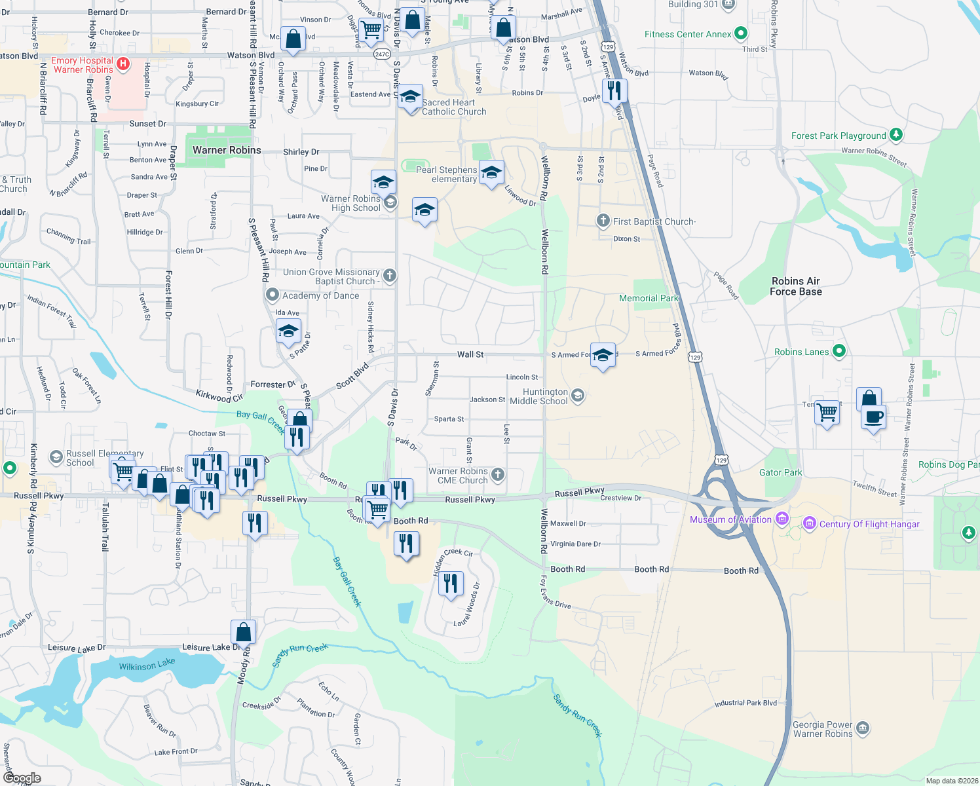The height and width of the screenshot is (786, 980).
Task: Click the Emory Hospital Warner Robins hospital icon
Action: point(123,64)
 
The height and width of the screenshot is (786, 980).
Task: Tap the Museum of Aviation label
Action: point(730,519)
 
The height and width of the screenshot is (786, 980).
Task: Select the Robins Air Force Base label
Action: point(795,286)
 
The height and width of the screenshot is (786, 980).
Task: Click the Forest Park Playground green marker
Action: point(895,135)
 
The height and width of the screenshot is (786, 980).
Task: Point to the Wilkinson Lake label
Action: point(147,665)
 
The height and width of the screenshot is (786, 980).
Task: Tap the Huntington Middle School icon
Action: point(577,395)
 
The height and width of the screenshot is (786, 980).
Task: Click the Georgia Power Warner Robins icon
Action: point(863,728)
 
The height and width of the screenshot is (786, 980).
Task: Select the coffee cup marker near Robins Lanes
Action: point(874,417)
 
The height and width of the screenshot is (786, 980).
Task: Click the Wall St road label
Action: point(470,354)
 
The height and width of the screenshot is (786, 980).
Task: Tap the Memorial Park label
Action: point(649,298)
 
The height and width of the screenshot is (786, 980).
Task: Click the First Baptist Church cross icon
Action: point(603,221)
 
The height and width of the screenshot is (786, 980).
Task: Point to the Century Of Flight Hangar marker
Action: point(809,523)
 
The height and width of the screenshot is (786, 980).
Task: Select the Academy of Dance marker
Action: point(273,295)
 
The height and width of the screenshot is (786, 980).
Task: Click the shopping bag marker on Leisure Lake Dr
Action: point(243,632)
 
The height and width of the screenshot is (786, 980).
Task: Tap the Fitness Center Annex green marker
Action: point(740,33)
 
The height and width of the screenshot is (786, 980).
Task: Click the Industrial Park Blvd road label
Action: point(745,703)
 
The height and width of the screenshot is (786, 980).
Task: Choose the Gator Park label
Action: point(780,472)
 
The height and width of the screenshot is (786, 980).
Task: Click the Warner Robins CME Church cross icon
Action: point(498,475)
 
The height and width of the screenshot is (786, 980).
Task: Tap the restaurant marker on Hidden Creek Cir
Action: point(451,583)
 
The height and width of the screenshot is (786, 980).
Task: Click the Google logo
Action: point(22,777)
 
